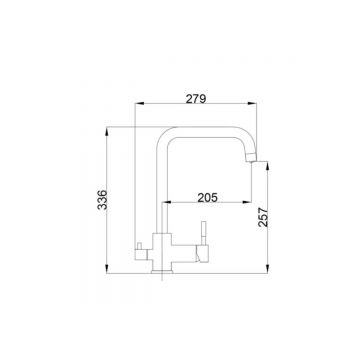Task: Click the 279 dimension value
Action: click(196, 99)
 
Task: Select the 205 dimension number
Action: click(207, 198)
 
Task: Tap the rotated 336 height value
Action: click(103, 200)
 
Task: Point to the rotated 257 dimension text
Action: click(263, 217)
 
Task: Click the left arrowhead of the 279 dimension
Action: click(139, 104)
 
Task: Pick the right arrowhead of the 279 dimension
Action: click(252, 104)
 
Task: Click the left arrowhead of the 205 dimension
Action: click(167, 202)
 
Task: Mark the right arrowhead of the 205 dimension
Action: click(247, 202)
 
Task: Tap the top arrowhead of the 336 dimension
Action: click(106, 132)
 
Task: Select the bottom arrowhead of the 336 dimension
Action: click(106, 269)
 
